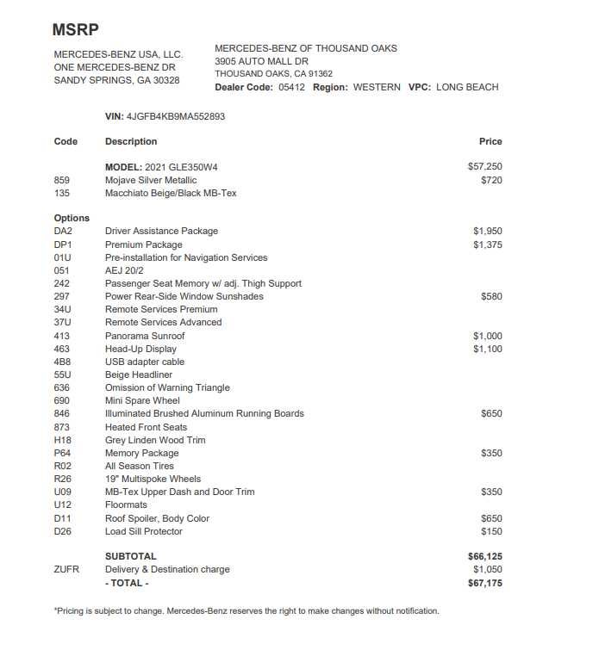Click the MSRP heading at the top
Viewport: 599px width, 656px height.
(x=75, y=29)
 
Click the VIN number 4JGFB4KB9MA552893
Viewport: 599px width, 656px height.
(x=175, y=116)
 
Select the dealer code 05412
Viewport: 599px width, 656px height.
(x=291, y=87)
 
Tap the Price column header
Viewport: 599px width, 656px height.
(x=490, y=141)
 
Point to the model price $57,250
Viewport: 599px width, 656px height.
(x=484, y=166)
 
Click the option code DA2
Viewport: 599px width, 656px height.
(x=63, y=231)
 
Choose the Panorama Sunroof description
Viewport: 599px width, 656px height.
(x=145, y=336)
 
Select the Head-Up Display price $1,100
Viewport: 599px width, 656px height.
(x=487, y=349)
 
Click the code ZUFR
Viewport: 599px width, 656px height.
(x=66, y=569)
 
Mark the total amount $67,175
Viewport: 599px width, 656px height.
(x=485, y=583)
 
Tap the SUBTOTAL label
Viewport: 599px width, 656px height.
(x=131, y=556)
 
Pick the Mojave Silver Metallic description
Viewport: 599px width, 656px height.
(x=151, y=180)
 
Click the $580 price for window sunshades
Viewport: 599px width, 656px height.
(x=491, y=296)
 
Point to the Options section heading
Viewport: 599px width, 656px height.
(x=72, y=218)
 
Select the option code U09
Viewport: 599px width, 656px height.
(x=63, y=492)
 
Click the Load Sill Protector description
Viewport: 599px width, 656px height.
(x=144, y=531)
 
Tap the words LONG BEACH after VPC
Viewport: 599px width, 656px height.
(x=467, y=87)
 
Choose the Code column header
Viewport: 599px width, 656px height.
(x=66, y=141)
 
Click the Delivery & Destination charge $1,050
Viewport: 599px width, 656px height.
(x=487, y=569)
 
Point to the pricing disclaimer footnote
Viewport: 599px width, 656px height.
(x=246, y=611)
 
